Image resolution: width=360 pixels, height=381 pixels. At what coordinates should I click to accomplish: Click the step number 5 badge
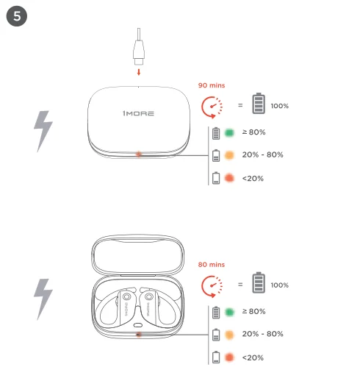point(17,16)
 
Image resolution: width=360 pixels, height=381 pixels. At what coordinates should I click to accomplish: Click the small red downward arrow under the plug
point(139,72)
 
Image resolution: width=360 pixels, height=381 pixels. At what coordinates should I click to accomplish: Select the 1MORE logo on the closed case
point(138,113)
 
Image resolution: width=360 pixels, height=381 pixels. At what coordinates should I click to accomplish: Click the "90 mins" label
point(212,85)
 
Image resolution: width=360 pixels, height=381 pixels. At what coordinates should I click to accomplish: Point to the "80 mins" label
point(212,265)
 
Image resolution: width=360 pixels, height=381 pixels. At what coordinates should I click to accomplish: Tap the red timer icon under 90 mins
point(212,107)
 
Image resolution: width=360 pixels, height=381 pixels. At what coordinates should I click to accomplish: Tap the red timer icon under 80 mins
point(212,286)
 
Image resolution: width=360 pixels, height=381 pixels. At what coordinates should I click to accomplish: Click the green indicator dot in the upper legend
point(229,132)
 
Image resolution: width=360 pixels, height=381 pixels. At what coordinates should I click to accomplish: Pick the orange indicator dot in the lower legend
point(229,335)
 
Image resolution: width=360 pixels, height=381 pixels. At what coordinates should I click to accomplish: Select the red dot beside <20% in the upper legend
point(229,178)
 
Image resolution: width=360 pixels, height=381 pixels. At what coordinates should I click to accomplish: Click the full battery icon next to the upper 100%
point(259,103)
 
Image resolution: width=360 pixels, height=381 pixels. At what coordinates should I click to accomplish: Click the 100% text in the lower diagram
point(280,285)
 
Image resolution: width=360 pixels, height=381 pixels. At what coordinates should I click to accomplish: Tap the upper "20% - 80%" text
point(262,154)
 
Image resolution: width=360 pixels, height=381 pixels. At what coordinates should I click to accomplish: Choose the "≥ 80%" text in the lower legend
point(253,311)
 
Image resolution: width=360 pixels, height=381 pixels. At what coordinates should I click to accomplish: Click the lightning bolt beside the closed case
point(43,132)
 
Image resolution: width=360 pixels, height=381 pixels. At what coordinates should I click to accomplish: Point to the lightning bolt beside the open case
point(43,299)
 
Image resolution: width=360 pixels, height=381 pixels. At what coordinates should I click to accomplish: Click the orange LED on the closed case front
point(139,154)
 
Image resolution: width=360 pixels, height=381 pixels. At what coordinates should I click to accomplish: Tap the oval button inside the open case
point(138,325)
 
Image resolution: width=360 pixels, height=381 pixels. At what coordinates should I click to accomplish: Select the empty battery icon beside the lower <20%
point(216,357)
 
